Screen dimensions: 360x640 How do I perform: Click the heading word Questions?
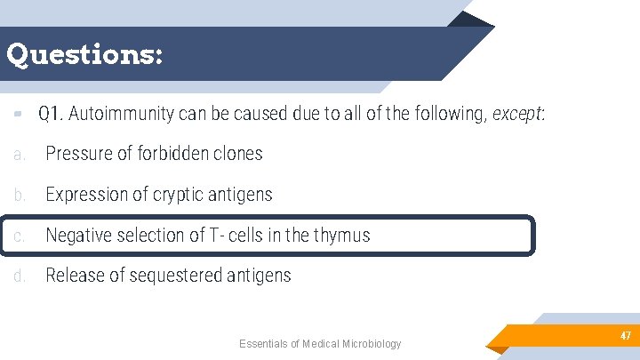tap(84, 55)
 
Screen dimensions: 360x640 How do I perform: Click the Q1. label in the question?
tap(51, 114)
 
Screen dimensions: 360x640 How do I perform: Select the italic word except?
tap(518, 114)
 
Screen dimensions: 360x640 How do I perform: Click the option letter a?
tap(20, 154)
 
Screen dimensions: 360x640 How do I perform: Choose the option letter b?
tap(20, 195)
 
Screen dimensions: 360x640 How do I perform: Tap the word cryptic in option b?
tap(174, 195)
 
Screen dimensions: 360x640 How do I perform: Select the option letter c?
tap(20, 236)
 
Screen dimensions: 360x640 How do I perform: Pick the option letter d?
tap(20, 276)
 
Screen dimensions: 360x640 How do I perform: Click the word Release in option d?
tap(75, 276)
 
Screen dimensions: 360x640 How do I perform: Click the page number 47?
tap(626, 336)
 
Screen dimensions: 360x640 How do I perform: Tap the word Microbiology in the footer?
tap(370, 344)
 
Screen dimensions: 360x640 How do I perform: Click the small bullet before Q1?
tap(18, 114)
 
